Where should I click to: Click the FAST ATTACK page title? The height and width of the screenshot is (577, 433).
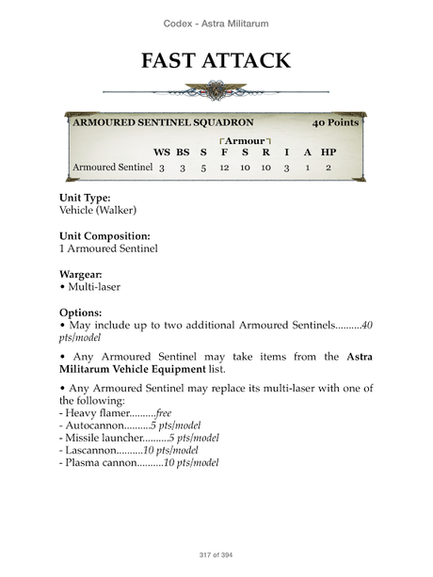[x=216, y=61]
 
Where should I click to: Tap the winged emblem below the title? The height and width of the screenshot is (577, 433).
[x=216, y=92]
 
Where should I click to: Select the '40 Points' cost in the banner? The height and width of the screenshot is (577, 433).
[x=336, y=124]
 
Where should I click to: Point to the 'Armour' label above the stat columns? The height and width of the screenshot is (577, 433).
[x=244, y=140]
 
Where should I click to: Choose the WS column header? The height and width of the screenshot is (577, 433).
[x=162, y=152]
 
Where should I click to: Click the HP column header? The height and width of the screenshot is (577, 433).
[x=328, y=152]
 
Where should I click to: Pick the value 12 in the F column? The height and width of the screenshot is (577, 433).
[x=224, y=168]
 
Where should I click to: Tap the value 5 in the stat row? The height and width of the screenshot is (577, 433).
[x=202, y=168]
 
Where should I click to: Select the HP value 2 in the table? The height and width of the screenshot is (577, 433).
[x=328, y=168]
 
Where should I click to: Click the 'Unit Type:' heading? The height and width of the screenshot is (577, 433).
[x=85, y=199]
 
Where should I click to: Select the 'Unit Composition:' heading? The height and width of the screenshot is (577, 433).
[x=104, y=236]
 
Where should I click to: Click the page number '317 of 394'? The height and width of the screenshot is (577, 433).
[x=216, y=554]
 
